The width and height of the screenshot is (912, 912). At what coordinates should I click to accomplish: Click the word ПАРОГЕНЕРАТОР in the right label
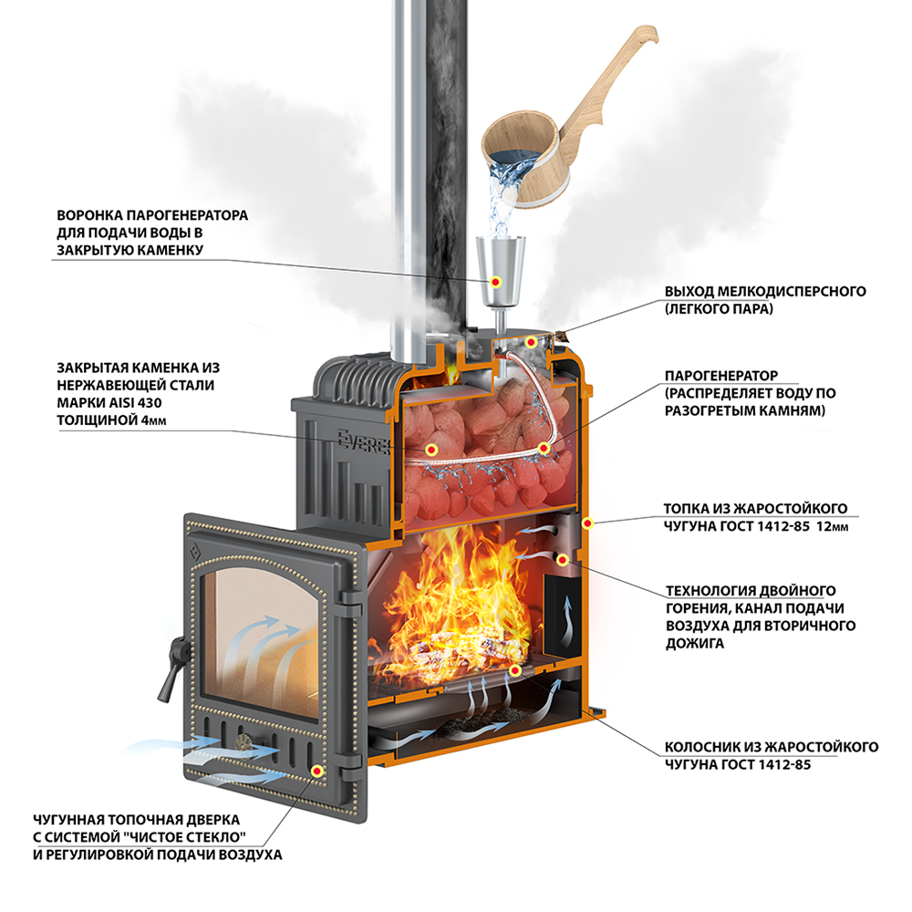(x=720, y=375)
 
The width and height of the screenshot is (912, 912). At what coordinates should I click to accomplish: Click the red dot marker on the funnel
(x=497, y=281)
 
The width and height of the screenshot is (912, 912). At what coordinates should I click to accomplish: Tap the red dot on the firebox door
(x=317, y=771)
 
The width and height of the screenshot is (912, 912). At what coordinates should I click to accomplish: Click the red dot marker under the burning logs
(x=515, y=671)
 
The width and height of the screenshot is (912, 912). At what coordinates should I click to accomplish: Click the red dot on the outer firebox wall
(x=589, y=523)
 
